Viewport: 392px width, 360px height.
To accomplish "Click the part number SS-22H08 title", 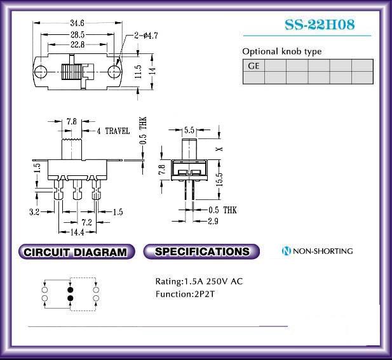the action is point(320,25).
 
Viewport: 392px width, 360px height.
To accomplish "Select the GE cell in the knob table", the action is point(253,65).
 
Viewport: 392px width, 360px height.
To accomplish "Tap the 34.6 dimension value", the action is point(77,23).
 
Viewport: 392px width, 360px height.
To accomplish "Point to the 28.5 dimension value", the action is point(78,34).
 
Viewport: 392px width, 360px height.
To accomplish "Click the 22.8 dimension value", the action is point(78,44).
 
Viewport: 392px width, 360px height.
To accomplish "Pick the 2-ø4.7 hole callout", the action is point(146,36).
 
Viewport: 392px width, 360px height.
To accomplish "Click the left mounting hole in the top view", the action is point(41,72).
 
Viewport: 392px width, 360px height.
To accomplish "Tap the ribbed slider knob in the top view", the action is point(71,72).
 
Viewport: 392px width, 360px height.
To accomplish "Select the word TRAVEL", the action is point(118,131).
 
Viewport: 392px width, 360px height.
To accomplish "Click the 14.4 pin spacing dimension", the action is point(78,232).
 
